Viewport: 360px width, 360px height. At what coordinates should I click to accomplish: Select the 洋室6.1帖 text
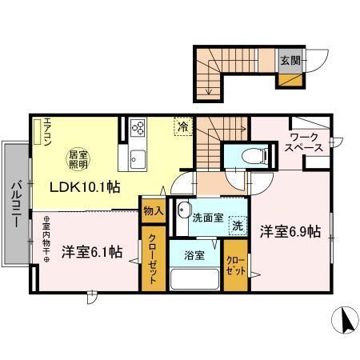(x=92, y=251)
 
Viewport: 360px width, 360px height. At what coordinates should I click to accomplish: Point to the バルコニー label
(x=15, y=203)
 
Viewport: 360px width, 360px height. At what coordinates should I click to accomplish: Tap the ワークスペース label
(x=306, y=142)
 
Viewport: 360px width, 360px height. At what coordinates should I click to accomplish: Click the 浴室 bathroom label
(x=195, y=257)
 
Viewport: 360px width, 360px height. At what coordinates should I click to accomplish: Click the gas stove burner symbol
(x=136, y=129)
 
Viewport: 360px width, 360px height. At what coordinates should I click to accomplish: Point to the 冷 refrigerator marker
(x=183, y=126)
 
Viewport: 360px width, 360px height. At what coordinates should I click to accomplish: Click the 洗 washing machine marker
(x=238, y=226)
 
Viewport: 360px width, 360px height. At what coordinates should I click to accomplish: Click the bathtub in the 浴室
(x=195, y=281)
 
